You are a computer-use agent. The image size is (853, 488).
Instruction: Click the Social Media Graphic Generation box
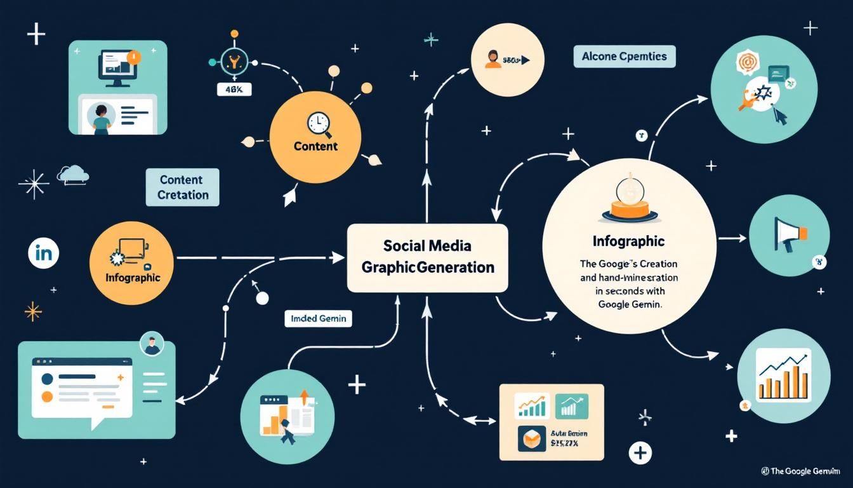point(427,257)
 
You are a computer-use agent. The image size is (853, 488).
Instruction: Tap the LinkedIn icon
point(44,254)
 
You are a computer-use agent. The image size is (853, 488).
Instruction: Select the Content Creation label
point(182,187)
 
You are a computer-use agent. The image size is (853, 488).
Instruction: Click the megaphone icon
point(788,234)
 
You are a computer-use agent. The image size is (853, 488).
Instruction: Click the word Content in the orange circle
point(315,146)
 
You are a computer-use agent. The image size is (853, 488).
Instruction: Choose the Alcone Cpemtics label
point(624,57)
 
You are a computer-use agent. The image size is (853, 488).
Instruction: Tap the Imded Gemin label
point(318,318)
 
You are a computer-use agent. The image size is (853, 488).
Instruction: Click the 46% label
point(234,90)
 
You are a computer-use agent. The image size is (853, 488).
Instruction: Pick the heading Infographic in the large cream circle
point(628,241)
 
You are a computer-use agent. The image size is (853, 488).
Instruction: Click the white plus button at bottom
point(640,453)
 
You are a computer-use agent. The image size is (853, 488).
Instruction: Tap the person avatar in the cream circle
point(493,60)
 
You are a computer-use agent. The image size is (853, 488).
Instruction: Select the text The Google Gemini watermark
point(804,471)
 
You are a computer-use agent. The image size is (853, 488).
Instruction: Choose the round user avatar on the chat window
point(151,344)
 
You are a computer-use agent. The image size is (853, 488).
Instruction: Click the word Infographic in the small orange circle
point(132,278)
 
